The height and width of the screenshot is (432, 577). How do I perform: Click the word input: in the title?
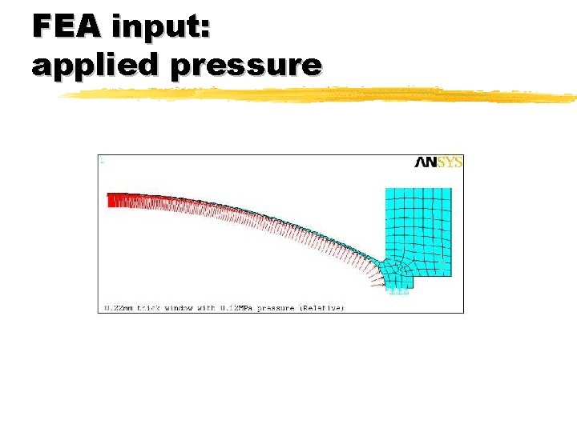161,29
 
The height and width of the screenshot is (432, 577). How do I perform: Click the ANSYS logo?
438,162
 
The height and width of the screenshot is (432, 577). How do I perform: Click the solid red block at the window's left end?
119,200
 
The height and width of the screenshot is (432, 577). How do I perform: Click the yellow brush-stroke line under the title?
321,95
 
